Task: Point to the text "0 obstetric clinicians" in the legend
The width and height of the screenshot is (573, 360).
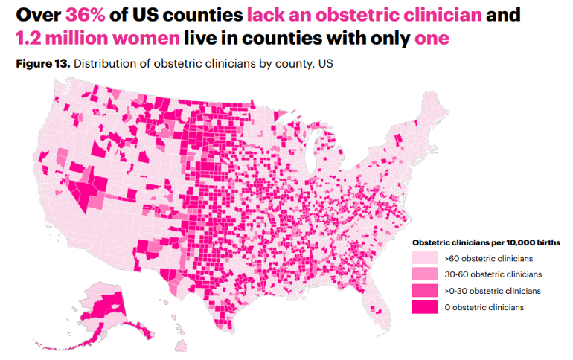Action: coord(484,307)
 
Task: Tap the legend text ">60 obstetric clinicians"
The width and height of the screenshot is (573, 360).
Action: coord(487,258)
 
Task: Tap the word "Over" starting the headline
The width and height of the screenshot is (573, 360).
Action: coord(37,14)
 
